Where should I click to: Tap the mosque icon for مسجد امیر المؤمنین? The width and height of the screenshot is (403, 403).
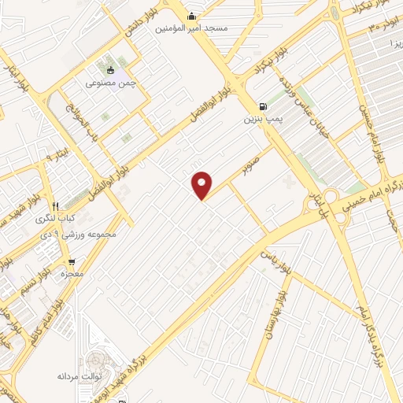point(191,16)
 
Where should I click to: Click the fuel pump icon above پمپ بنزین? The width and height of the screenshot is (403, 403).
point(262,106)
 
